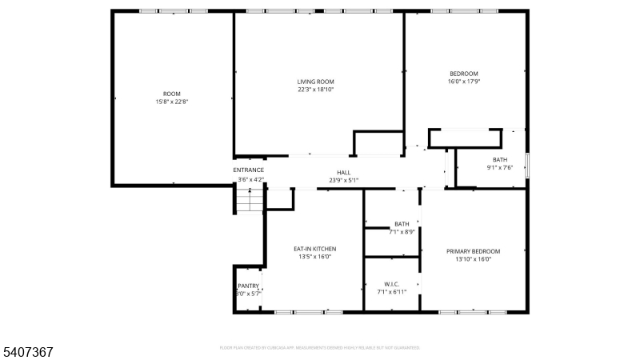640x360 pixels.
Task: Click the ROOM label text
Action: click(x=172, y=94)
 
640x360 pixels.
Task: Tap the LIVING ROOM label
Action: click(x=315, y=82)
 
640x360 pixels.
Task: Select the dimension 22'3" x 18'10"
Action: click(x=315, y=90)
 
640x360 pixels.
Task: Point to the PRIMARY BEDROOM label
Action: click(x=473, y=251)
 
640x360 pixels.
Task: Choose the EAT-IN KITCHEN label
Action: click(x=313, y=249)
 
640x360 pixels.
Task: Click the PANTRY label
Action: click(x=248, y=286)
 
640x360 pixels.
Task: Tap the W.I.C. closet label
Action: click(x=392, y=284)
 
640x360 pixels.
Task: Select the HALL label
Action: click(x=343, y=172)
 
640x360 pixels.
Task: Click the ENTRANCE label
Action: click(x=249, y=170)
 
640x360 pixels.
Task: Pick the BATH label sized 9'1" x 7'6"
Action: click(x=500, y=160)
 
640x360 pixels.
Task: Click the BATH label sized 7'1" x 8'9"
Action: click(x=402, y=224)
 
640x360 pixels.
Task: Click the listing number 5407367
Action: click(x=27, y=351)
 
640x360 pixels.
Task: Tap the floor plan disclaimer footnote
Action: click(x=320, y=348)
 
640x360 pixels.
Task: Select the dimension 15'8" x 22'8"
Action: click(x=172, y=102)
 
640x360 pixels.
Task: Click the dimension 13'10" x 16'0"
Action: click(x=473, y=259)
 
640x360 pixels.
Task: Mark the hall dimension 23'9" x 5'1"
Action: click(x=343, y=180)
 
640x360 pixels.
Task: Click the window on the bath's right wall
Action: click(x=526, y=166)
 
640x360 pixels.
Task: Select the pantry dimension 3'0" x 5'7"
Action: click(x=248, y=294)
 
